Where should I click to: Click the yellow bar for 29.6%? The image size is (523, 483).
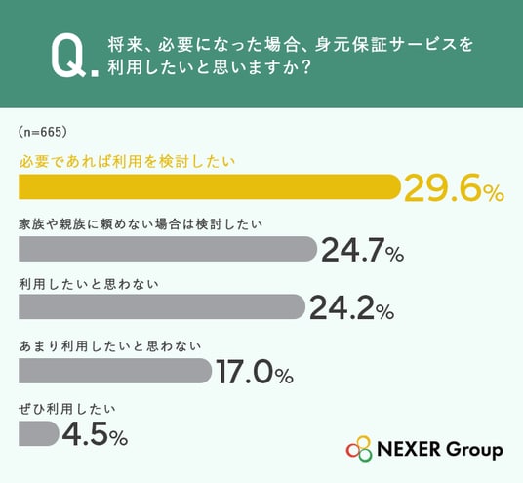[210, 186]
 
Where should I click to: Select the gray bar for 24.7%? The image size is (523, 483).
[168, 249]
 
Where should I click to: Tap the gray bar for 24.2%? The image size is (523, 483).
[162, 306]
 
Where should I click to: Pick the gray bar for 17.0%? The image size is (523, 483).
[115, 371]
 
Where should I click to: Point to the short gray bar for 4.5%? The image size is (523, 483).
[39, 433]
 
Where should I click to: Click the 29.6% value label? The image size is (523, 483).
[454, 188]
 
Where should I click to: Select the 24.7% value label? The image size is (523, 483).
[363, 250]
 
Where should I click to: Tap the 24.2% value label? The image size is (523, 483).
[352, 308]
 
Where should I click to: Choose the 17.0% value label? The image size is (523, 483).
[255, 372]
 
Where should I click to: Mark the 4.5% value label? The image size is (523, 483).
[95, 434]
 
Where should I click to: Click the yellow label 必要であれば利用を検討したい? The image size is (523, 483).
[127, 162]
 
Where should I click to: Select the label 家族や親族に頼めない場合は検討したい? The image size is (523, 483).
[141, 224]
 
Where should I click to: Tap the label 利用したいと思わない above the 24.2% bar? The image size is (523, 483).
[89, 284]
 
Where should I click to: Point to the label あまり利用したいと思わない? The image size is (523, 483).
[110, 346]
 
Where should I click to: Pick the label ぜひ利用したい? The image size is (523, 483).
[67, 409]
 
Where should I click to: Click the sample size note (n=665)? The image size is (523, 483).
[43, 132]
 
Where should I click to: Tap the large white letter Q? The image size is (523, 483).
[68, 56]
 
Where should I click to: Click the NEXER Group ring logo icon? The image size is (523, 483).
[359, 449]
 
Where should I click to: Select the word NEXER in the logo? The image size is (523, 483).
[409, 449]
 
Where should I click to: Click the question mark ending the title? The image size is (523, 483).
[305, 67]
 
